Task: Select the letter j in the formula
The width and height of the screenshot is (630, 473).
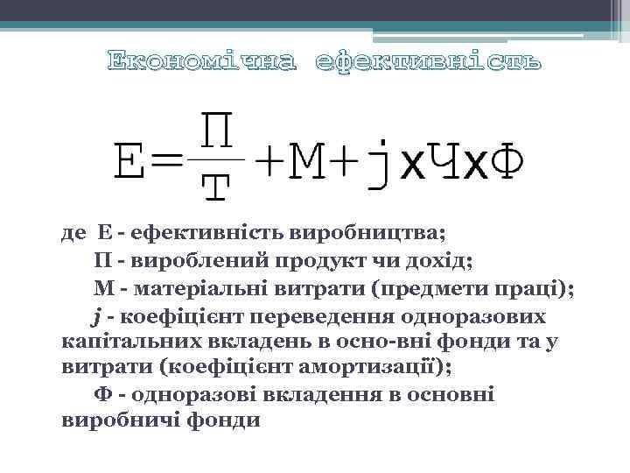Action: coord(378,163)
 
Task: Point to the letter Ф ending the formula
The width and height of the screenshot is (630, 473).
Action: coord(507,163)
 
